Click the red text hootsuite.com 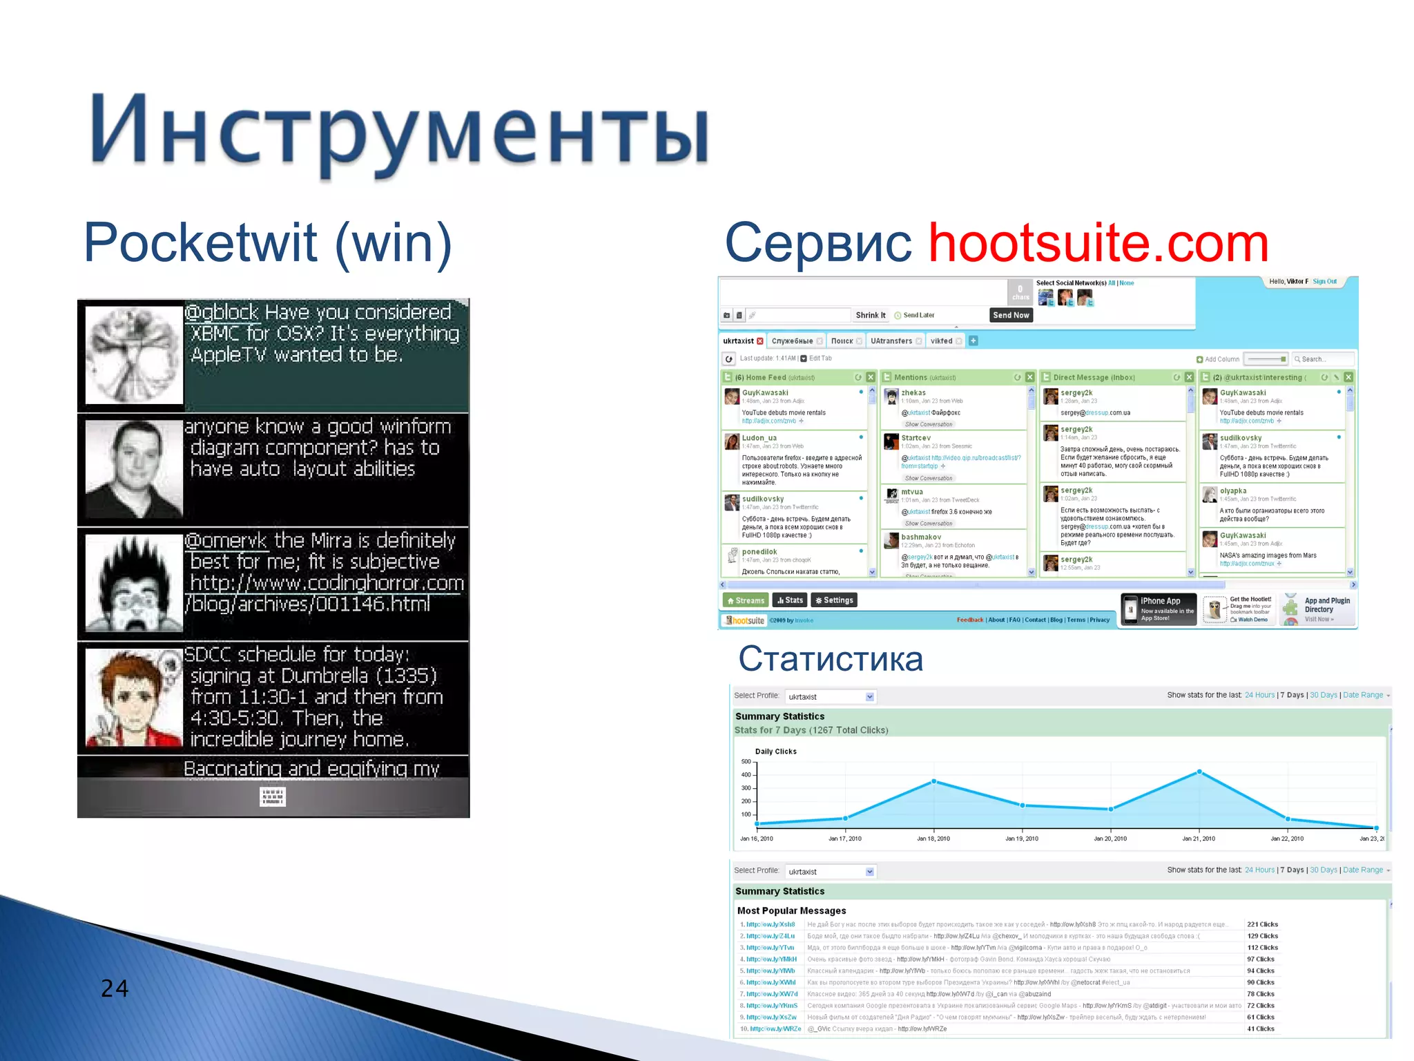pyautogui.click(x=1098, y=243)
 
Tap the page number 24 pyautogui.click(x=115, y=988)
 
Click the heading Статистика pyautogui.click(x=830, y=658)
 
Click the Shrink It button pyautogui.click(x=870, y=315)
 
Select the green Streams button pyautogui.click(x=746, y=600)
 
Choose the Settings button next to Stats pyautogui.click(x=834, y=600)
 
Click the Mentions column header pyautogui.click(x=911, y=377)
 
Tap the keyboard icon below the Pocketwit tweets pyautogui.click(x=273, y=796)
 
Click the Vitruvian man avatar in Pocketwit pyautogui.click(x=134, y=355)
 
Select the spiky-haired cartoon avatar pyautogui.click(x=134, y=583)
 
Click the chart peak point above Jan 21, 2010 pyautogui.click(x=1199, y=772)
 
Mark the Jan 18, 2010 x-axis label pyautogui.click(x=933, y=839)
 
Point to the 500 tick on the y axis pyautogui.click(x=746, y=761)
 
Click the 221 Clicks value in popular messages pyautogui.click(x=1262, y=924)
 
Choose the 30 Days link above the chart pyautogui.click(x=1323, y=695)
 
